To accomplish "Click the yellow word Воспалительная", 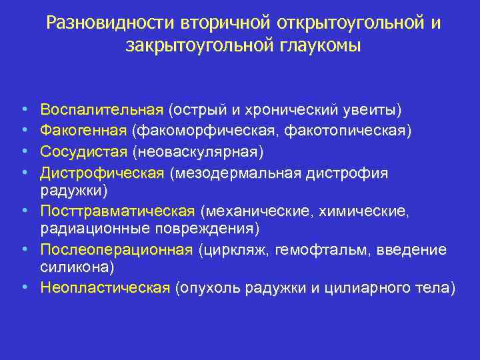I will point(102,109).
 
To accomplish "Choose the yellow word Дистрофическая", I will point(102,173).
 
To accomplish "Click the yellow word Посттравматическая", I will point(117,211).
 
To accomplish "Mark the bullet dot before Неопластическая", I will point(24,287).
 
